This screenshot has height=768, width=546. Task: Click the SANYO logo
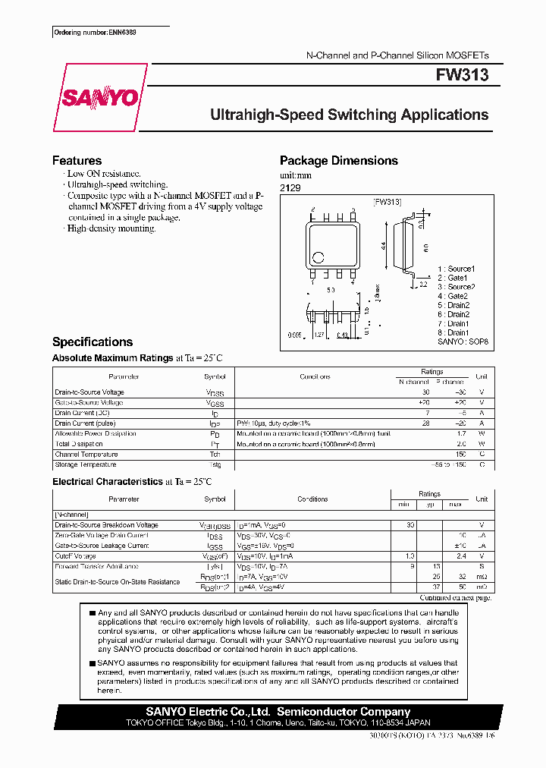point(99,98)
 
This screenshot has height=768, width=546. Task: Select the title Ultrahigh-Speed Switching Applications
point(349,115)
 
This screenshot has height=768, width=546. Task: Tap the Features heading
point(77,161)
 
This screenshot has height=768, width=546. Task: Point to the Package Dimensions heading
point(338,161)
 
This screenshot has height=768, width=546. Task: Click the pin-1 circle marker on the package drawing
point(319,257)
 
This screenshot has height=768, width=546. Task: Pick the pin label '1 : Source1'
point(456,269)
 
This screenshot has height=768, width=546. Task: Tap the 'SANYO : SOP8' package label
point(463,342)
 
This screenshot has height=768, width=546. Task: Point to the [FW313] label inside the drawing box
point(387,202)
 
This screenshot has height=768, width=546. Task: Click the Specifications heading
point(92,342)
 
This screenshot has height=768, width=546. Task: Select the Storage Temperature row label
point(86,464)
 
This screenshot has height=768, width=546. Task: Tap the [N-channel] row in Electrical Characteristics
point(72,515)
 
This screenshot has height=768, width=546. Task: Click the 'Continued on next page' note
point(457,598)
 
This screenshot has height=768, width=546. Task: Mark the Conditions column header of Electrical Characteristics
point(312,499)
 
